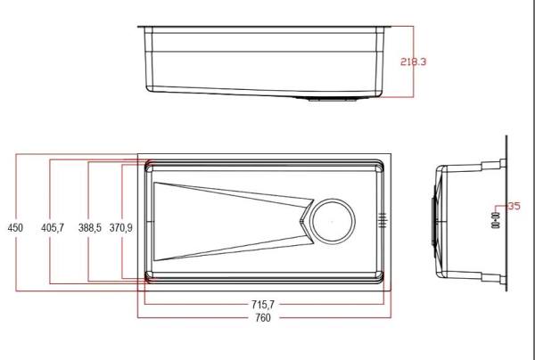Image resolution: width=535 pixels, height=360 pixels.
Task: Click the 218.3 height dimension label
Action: [414, 62]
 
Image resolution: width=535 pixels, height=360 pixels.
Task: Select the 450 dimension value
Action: [15, 228]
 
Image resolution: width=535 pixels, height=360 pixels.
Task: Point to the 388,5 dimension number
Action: [90, 228]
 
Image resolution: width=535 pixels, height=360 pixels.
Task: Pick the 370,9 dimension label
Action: [121, 228]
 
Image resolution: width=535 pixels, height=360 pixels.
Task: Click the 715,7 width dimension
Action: [262, 305]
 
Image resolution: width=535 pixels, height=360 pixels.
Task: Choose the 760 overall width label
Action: [262, 318]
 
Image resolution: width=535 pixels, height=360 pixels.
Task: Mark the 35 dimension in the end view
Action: [514, 206]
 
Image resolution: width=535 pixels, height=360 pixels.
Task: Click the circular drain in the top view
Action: [332, 219]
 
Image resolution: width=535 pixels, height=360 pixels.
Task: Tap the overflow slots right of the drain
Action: [383, 219]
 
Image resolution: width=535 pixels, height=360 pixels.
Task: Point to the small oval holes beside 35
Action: [497, 220]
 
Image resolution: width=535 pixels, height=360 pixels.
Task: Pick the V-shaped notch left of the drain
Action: [306, 219]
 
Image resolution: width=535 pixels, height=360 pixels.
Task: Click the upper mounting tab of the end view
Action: [491, 166]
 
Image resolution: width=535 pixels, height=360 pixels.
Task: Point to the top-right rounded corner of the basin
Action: [382, 164]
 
